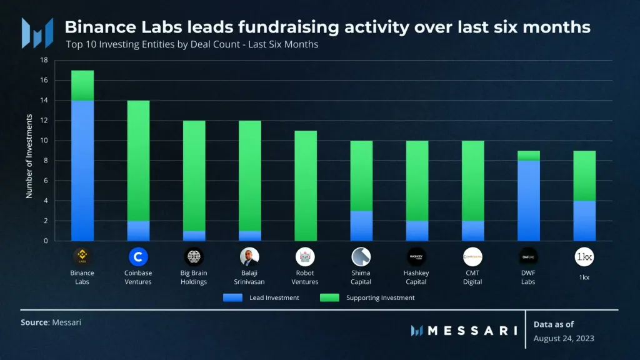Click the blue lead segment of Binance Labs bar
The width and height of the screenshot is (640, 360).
click(x=82, y=171)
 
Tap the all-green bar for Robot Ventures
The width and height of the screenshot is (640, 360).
click(x=305, y=186)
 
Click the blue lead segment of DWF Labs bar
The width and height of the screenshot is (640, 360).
click(x=529, y=201)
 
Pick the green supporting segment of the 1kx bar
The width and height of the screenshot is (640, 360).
click(x=584, y=176)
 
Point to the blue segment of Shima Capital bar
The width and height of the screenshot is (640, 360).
click(x=361, y=226)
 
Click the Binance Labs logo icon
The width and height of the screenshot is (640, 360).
click(x=82, y=257)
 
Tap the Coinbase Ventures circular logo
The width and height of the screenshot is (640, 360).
click(x=138, y=257)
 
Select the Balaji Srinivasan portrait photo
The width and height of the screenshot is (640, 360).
click(x=249, y=257)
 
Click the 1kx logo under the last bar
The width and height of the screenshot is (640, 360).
click(x=584, y=257)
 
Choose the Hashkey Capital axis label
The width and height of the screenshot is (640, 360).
click(x=416, y=277)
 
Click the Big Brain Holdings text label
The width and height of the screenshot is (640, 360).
click(x=194, y=277)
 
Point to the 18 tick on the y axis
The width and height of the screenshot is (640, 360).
click(x=44, y=61)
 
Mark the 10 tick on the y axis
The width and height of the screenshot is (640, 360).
click(x=44, y=141)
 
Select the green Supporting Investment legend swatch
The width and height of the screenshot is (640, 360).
click(x=329, y=297)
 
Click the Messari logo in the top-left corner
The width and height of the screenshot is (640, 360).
click(x=36, y=32)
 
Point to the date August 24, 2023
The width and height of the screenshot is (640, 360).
click(x=564, y=338)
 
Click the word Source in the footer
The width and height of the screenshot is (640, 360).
click(x=34, y=322)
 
